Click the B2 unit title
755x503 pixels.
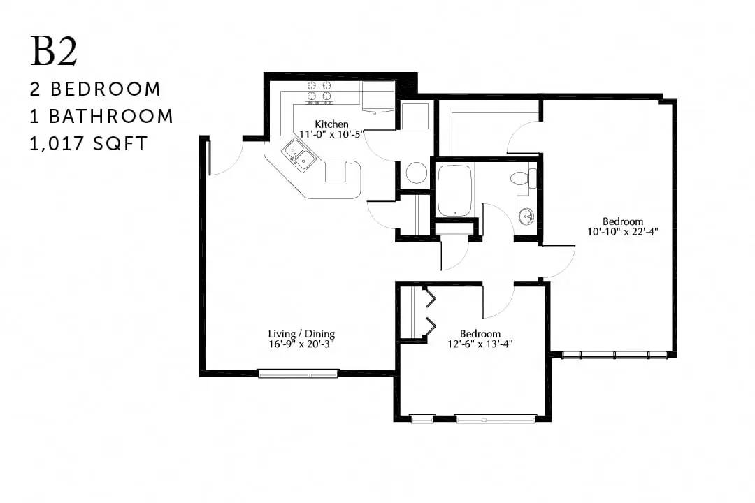click(x=53, y=52)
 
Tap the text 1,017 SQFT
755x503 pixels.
click(x=89, y=144)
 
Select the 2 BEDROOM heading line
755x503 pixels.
click(x=95, y=89)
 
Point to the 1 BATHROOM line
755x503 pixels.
click(x=101, y=117)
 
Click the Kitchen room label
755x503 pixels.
click(x=331, y=124)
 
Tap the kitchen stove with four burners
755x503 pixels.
click(x=319, y=92)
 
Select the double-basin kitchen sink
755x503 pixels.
click(x=299, y=155)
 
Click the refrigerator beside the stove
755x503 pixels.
click(x=378, y=97)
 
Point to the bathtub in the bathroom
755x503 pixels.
click(x=454, y=191)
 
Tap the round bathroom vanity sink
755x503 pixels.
click(x=527, y=217)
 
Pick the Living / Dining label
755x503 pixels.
click(x=301, y=333)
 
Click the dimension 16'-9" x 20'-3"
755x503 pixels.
click(x=301, y=344)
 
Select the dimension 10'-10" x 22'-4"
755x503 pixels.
click(x=623, y=231)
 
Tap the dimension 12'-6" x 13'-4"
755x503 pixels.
click(x=480, y=344)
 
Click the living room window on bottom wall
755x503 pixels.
click(x=298, y=373)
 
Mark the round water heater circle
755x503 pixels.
click(x=415, y=173)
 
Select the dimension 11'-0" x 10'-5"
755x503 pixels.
click(x=331, y=134)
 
